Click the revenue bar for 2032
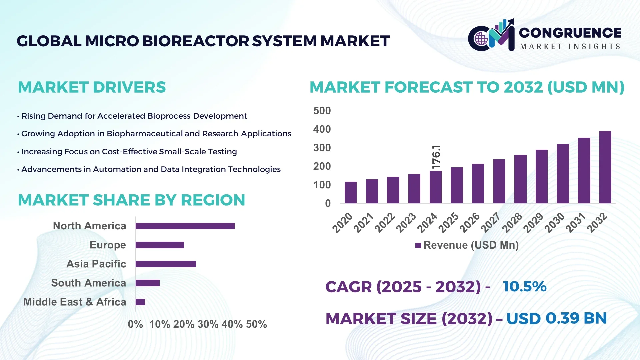click(605, 167)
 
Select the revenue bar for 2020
click(350, 192)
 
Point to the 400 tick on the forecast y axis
click(322, 129)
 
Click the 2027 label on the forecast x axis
click(491, 222)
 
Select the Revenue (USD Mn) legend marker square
click(418, 245)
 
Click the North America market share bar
click(185, 226)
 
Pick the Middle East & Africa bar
click(140, 302)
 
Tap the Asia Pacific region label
click(96, 264)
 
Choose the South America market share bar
click(148, 283)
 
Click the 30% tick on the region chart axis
click(208, 324)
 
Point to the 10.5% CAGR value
click(525, 287)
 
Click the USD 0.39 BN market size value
click(556, 318)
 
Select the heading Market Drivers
click(92, 87)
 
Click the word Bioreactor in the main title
click(196, 41)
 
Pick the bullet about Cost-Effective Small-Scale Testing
click(129, 152)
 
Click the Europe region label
click(108, 245)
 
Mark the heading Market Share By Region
click(131, 200)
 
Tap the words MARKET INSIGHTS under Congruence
click(570, 47)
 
